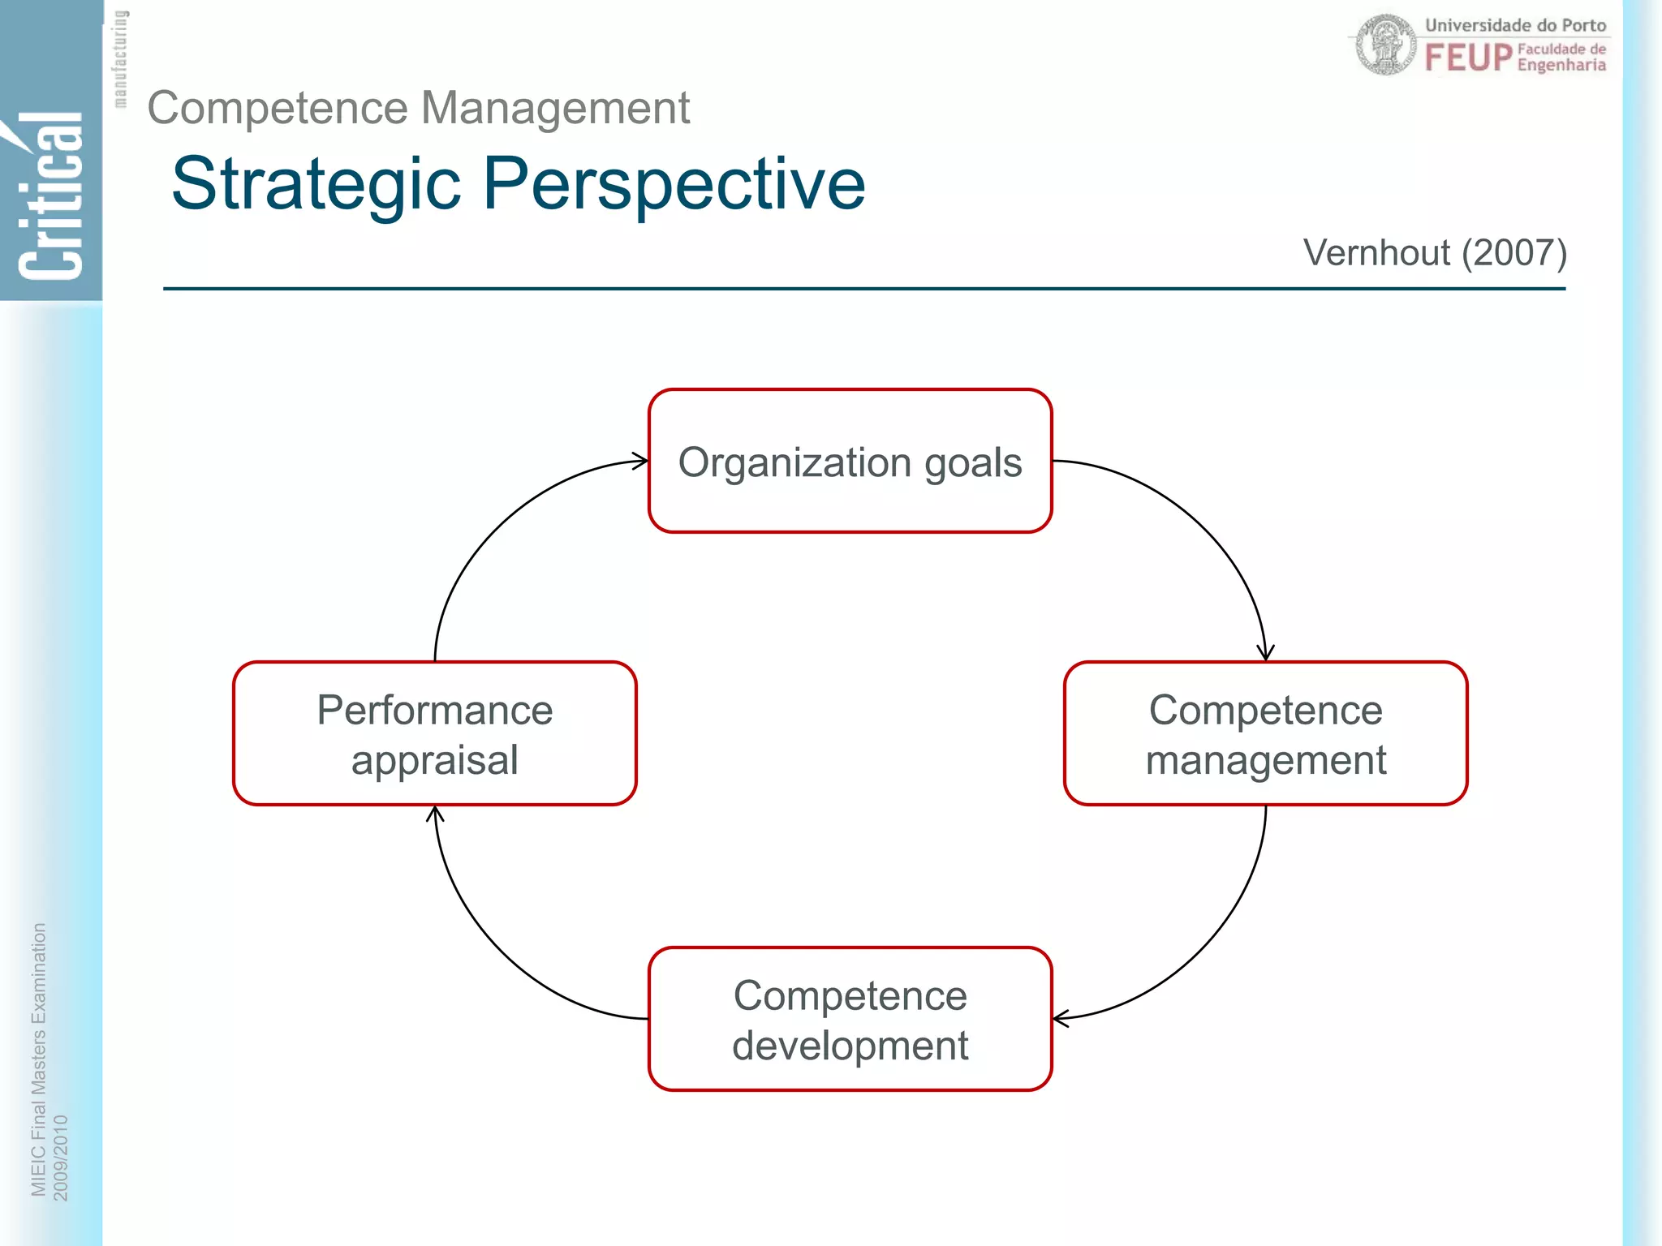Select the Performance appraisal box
click(x=434, y=734)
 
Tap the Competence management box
click(x=1265, y=734)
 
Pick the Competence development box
click(x=850, y=1020)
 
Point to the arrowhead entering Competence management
click(x=1265, y=653)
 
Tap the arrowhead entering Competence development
click(x=1061, y=1018)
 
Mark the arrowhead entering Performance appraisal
click(x=435, y=814)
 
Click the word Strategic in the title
click(x=316, y=185)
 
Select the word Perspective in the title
click(x=674, y=185)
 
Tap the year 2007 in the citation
click(x=1514, y=253)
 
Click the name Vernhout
click(x=1376, y=253)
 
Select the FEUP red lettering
click(x=1468, y=58)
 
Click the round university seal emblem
click(x=1386, y=45)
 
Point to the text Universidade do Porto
click(x=1515, y=25)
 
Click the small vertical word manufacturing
click(x=120, y=58)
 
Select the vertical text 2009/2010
click(x=61, y=1157)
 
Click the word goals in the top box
click(x=972, y=463)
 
